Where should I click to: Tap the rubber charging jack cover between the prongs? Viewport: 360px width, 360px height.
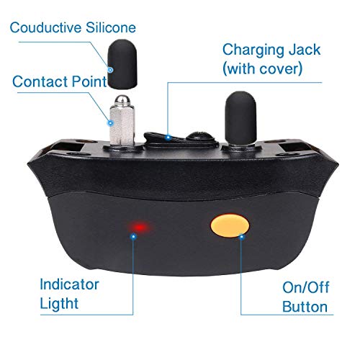176,137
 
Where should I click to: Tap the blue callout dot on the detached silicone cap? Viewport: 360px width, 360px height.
112,70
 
